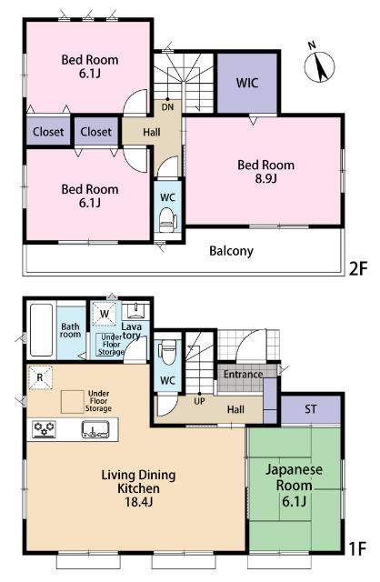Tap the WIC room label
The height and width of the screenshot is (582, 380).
point(247,83)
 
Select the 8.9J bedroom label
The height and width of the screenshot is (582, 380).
point(266,172)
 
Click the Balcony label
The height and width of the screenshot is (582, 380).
point(231,251)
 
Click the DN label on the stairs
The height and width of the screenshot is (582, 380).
point(167,107)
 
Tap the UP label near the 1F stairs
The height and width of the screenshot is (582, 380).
point(199,401)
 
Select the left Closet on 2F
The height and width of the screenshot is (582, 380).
point(48,132)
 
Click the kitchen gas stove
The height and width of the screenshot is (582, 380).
point(45,429)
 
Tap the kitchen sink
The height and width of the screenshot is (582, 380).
point(95,429)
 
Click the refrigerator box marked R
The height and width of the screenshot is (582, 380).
point(40,378)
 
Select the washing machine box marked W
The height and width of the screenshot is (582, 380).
point(105,314)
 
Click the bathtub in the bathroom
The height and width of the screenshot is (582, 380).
point(41,330)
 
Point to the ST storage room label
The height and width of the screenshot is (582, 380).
point(311,409)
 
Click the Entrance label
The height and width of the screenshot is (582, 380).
point(243,374)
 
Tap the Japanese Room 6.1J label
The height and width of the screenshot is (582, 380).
point(294,486)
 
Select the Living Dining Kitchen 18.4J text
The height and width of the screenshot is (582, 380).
point(138,488)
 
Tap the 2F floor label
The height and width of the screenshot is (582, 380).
point(358,269)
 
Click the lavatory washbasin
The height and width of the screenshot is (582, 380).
point(135,311)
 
